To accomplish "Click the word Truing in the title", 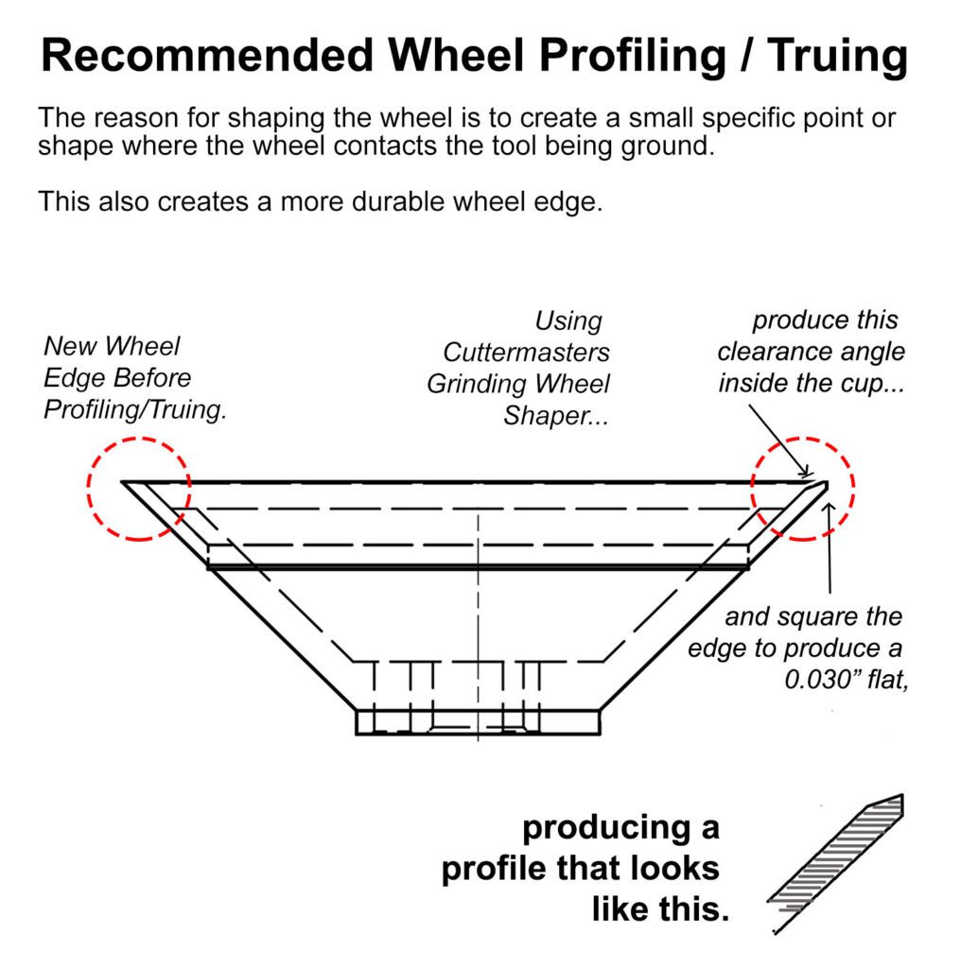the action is [837, 56].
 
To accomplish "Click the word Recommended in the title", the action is [207, 55].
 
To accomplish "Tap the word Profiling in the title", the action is [633, 56].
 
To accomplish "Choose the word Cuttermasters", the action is [526, 353].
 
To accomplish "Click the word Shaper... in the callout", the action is [556, 416].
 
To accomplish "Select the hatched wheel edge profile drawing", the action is [835, 862].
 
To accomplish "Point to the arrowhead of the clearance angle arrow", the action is [807, 474].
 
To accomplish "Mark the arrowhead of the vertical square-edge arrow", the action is [830, 508].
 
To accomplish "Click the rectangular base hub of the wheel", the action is [478, 722].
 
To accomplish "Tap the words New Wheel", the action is [112, 346].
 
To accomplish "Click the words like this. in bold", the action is [660, 909].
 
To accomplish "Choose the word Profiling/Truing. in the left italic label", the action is [135, 409].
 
